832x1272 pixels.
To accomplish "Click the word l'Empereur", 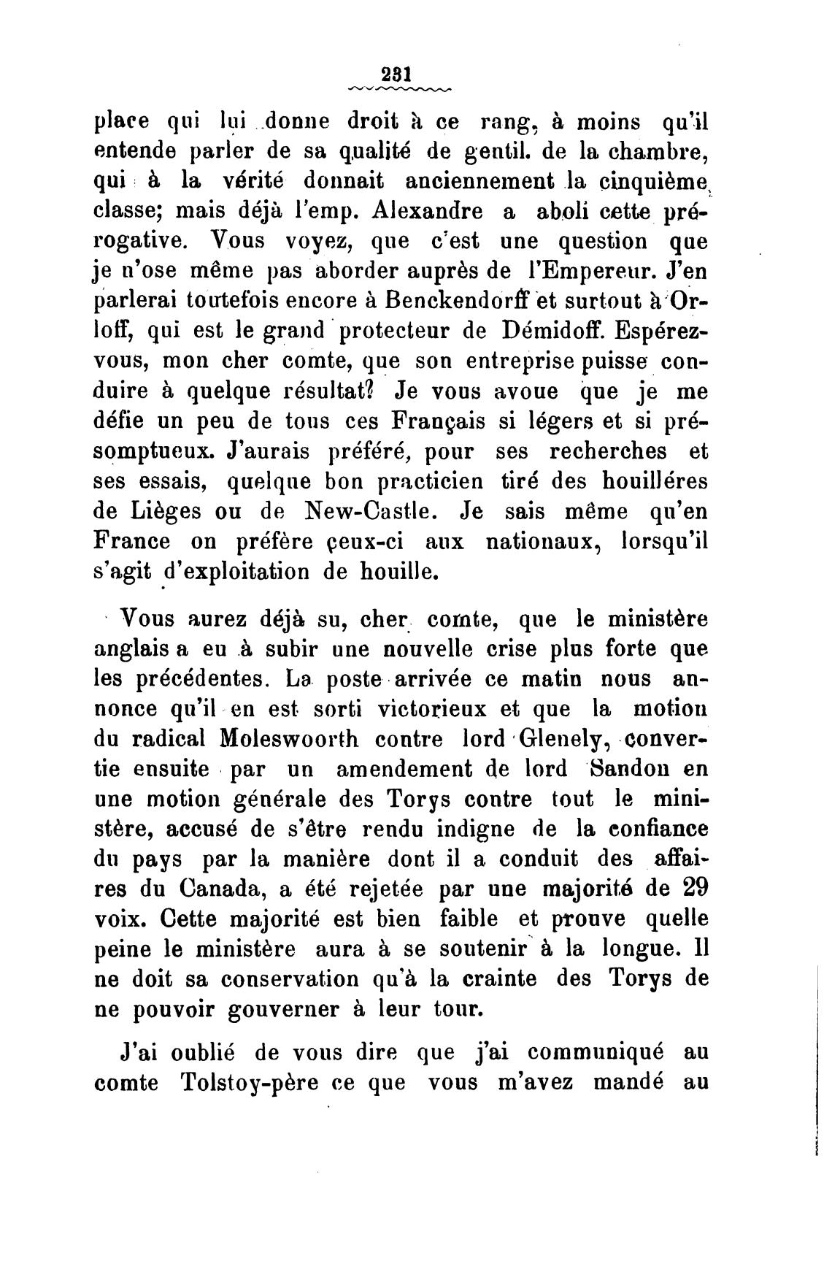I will tap(591, 271).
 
